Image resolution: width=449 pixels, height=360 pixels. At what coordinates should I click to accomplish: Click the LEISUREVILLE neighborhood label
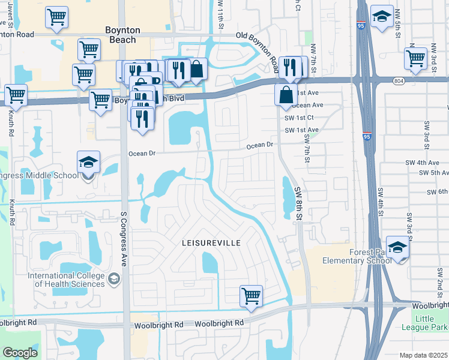[211, 243]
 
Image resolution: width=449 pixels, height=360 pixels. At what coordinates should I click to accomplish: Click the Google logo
[20, 353]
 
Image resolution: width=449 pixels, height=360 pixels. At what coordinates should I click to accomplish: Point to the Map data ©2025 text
[424, 355]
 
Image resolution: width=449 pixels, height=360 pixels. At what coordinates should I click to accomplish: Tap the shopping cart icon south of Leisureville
[251, 295]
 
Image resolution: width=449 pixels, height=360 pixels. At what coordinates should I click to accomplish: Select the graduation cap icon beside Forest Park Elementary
[397, 247]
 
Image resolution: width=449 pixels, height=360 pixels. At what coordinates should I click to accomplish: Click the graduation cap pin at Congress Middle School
[88, 162]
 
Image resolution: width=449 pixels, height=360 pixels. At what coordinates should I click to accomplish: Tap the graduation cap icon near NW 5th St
[382, 17]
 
